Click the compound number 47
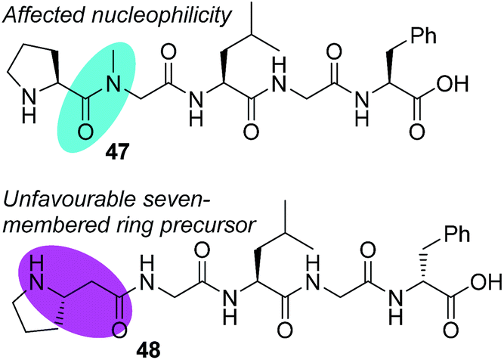pyautogui.click(x=117, y=151)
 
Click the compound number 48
pyautogui.click(x=148, y=349)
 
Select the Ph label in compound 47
pyautogui.click(x=423, y=36)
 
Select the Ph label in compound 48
pyautogui.click(x=456, y=234)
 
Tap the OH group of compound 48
pyautogui.click(x=487, y=282)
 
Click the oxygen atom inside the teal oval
pyautogui.click(x=85, y=132)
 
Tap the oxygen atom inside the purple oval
pyautogui.click(x=119, y=330)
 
